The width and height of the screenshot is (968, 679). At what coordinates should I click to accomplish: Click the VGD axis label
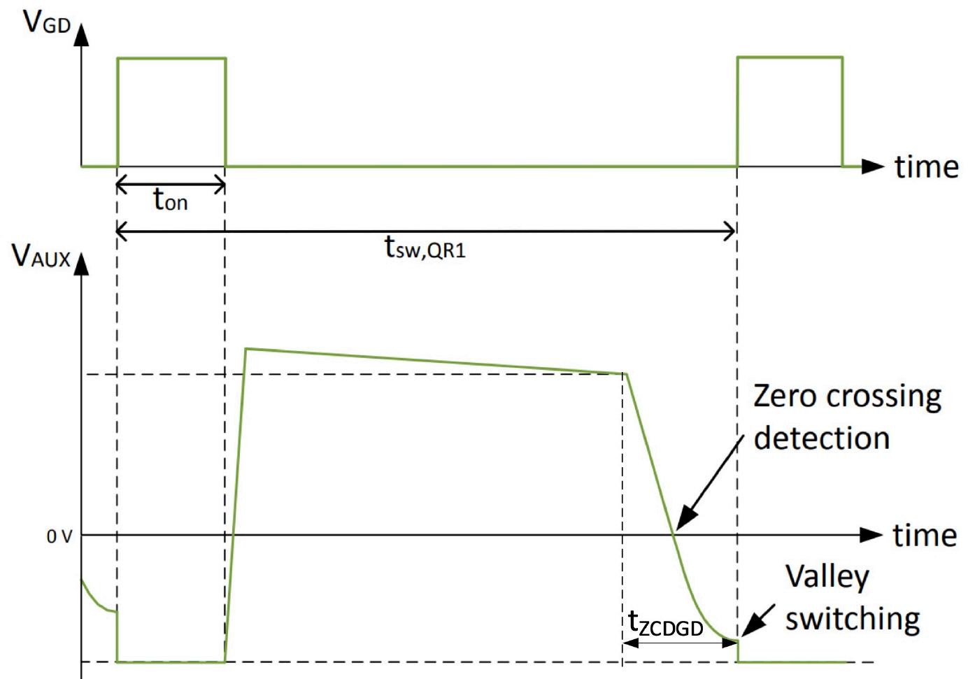pyautogui.click(x=47, y=22)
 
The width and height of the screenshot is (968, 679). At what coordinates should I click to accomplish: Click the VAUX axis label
pyautogui.click(x=41, y=257)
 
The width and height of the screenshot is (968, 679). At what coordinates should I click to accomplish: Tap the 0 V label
pyautogui.click(x=59, y=536)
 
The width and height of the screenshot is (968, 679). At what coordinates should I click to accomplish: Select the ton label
pyautogui.click(x=170, y=201)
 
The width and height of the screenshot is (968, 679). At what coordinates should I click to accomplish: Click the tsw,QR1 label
pyautogui.click(x=425, y=247)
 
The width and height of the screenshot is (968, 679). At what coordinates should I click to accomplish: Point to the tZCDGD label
pyautogui.click(x=665, y=624)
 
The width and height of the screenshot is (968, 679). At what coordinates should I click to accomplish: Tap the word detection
pyautogui.click(x=822, y=438)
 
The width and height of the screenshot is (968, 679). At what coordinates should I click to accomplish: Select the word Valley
pyautogui.click(x=827, y=578)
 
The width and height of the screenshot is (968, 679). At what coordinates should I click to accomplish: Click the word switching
pyautogui.click(x=852, y=619)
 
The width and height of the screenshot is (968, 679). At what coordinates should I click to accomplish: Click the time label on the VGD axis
pyautogui.click(x=926, y=166)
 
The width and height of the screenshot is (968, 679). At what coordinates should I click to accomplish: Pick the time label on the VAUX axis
pyautogui.click(x=925, y=535)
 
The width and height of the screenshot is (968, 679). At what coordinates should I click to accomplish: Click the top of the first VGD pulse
pyautogui.click(x=171, y=58)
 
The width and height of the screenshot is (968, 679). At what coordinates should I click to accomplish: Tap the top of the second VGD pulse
pyautogui.click(x=790, y=57)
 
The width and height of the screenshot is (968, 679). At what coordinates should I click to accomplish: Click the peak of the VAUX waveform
pyautogui.click(x=246, y=348)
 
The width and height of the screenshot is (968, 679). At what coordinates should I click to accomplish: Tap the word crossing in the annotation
pyautogui.click(x=884, y=397)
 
